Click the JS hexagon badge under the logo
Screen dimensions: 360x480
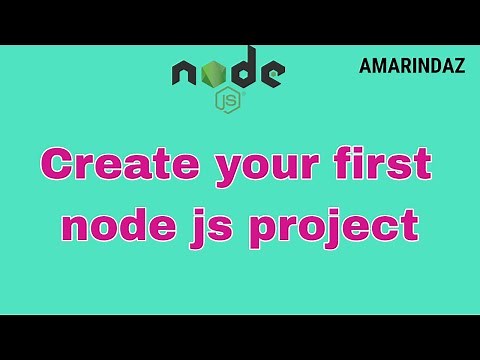click(x=229, y=101)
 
